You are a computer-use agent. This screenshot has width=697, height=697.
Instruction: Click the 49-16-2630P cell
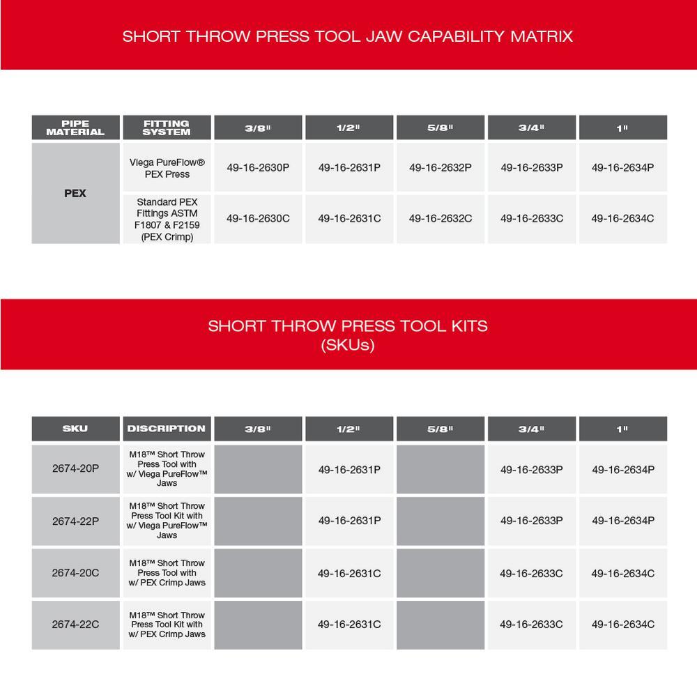pyautogui.click(x=258, y=167)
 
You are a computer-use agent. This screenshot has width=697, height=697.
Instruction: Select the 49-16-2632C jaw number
pyautogui.click(x=441, y=218)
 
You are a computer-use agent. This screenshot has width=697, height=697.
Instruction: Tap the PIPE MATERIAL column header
pyautogui.click(x=75, y=128)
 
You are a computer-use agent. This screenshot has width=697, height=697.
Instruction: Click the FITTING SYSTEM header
pyautogui.click(x=167, y=128)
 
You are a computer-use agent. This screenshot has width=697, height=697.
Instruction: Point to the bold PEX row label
pyautogui.click(x=75, y=193)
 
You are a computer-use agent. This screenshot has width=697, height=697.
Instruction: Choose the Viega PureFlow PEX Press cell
pyautogui.click(x=167, y=168)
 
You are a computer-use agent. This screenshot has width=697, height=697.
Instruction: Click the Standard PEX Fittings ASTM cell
pyautogui.click(x=167, y=219)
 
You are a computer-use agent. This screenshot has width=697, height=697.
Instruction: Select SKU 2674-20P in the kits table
pyautogui.click(x=75, y=468)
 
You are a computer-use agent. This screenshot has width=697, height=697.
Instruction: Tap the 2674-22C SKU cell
pyautogui.click(x=75, y=625)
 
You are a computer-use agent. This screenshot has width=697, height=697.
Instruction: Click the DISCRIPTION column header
pyautogui.click(x=167, y=429)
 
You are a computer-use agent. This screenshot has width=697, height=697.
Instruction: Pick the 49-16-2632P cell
pyautogui.click(x=441, y=167)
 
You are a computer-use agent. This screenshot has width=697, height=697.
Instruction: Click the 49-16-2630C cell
pyautogui.click(x=258, y=218)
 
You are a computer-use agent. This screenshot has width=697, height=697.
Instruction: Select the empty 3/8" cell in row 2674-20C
pyautogui.click(x=258, y=573)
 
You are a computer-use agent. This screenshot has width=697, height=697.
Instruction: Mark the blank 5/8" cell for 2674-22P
pyautogui.click(x=441, y=521)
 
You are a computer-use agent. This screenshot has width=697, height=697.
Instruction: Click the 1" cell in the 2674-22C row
pyautogui.click(x=622, y=625)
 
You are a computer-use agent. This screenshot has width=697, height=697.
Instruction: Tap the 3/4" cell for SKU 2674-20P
pyautogui.click(x=531, y=469)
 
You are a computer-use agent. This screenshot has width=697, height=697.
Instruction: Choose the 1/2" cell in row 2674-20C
pyautogui.click(x=349, y=573)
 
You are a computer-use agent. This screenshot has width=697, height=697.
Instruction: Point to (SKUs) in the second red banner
pyautogui.click(x=348, y=344)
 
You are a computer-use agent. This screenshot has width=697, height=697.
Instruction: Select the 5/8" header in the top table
pyautogui.click(x=441, y=128)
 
